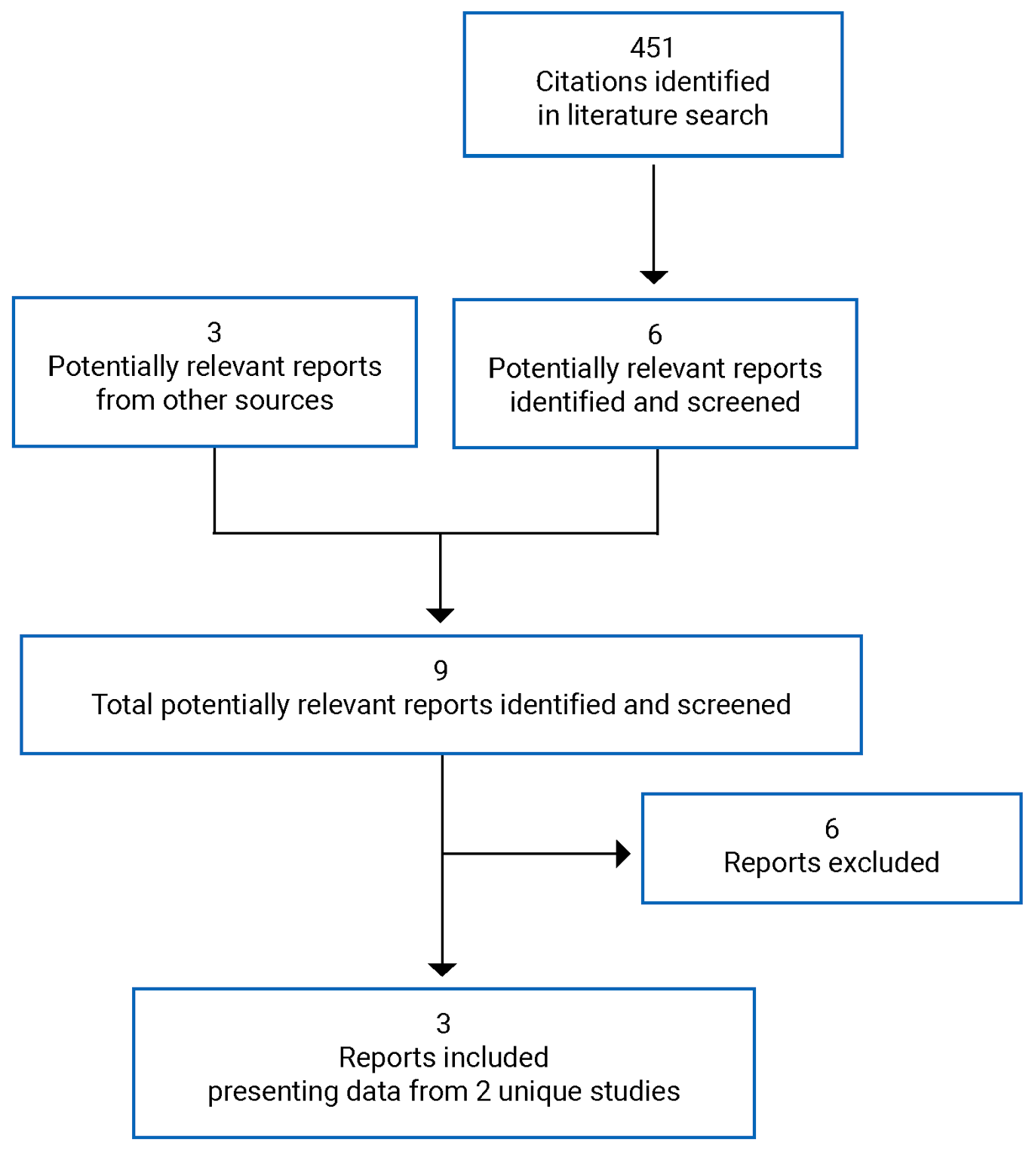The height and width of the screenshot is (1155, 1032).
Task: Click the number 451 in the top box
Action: tap(652, 48)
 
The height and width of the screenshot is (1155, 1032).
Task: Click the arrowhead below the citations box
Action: tap(653, 276)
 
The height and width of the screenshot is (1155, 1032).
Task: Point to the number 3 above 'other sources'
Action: tap(214, 332)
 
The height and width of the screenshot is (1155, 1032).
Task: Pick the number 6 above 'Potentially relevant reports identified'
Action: tap(655, 334)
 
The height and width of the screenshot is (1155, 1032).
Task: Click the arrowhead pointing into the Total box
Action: tap(440, 614)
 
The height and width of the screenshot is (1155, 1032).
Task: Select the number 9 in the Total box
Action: tap(441, 670)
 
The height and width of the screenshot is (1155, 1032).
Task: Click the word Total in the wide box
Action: tap(122, 704)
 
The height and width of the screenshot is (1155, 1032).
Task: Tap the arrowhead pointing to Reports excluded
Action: tap(622, 854)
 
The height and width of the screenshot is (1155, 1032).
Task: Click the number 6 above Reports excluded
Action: tap(831, 829)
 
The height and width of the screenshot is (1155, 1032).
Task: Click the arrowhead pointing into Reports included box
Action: tap(441, 969)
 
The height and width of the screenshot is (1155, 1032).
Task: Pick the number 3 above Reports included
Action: tap(443, 1024)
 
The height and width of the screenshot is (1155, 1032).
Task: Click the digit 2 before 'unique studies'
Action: tap(483, 1092)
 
